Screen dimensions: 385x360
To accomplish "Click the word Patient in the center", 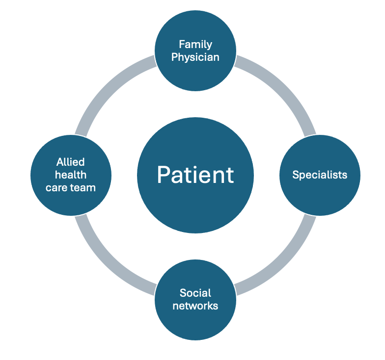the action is pyautogui.click(x=195, y=175).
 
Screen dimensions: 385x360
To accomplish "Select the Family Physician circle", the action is pyautogui.click(x=195, y=51).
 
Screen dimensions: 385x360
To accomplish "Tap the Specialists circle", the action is pyautogui.click(x=320, y=175).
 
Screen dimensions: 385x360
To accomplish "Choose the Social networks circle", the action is pyautogui.click(x=195, y=300).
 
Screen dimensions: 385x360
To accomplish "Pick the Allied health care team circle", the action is pyautogui.click(x=71, y=175).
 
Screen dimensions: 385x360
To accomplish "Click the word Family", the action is pyautogui.click(x=195, y=45).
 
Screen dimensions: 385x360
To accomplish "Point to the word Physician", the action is pyautogui.click(x=195, y=57).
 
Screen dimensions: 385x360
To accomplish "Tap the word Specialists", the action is pyautogui.click(x=320, y=175).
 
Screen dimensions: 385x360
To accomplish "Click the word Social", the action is pyautogui.click(x=195, y=293).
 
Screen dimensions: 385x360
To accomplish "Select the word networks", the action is pyautogui.click(x=195, y=306).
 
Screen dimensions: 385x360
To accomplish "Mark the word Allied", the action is pyautogui.click(x=71, y=162).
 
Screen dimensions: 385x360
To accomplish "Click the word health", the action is pyautogui.click(x=71, y=175).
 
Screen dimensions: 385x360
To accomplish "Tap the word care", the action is pyautogui.click(x=56, y=188).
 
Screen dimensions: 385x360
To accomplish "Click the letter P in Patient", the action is pyautogui.click(x=164, y=175).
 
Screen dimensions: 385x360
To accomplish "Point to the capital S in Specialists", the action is pyautogui.click(x=296, y=175).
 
